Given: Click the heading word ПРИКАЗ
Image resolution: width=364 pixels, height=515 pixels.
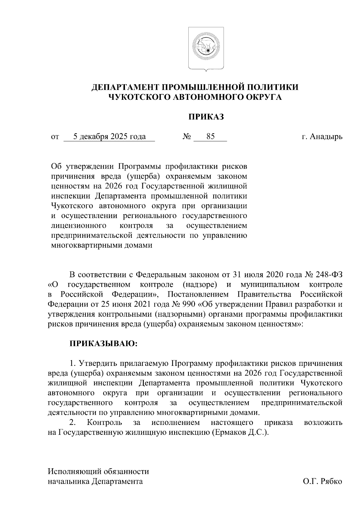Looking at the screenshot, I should pos(206,117).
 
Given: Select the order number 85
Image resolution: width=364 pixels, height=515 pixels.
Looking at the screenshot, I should pos(211,136).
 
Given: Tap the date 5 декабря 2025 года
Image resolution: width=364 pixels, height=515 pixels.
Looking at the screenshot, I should pos(109,136).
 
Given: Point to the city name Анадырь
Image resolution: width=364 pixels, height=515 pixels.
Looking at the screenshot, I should pos(326,137).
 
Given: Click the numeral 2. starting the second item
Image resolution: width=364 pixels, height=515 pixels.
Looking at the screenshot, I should pos(72,422).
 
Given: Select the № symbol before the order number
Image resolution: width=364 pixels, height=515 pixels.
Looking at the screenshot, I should pos(186,137).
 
